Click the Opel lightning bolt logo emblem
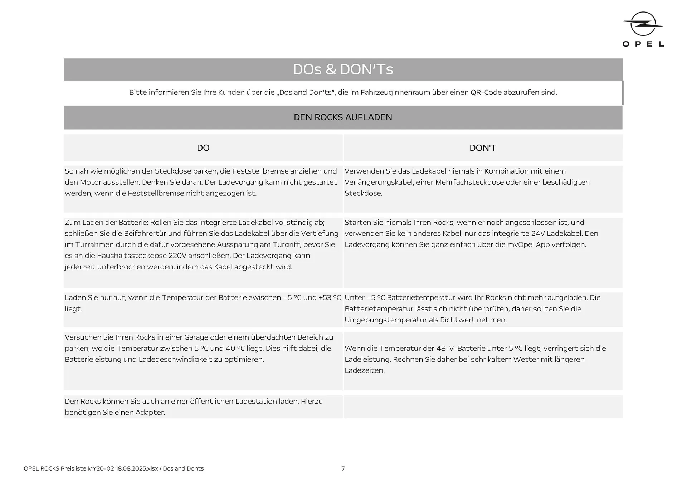[643, 24]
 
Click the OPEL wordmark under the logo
[643, 44]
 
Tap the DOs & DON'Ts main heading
[343, 69]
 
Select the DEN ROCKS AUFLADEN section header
[343, 117]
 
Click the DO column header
[203, 148]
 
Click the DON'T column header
[483, 148]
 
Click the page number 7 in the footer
[343, 468]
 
